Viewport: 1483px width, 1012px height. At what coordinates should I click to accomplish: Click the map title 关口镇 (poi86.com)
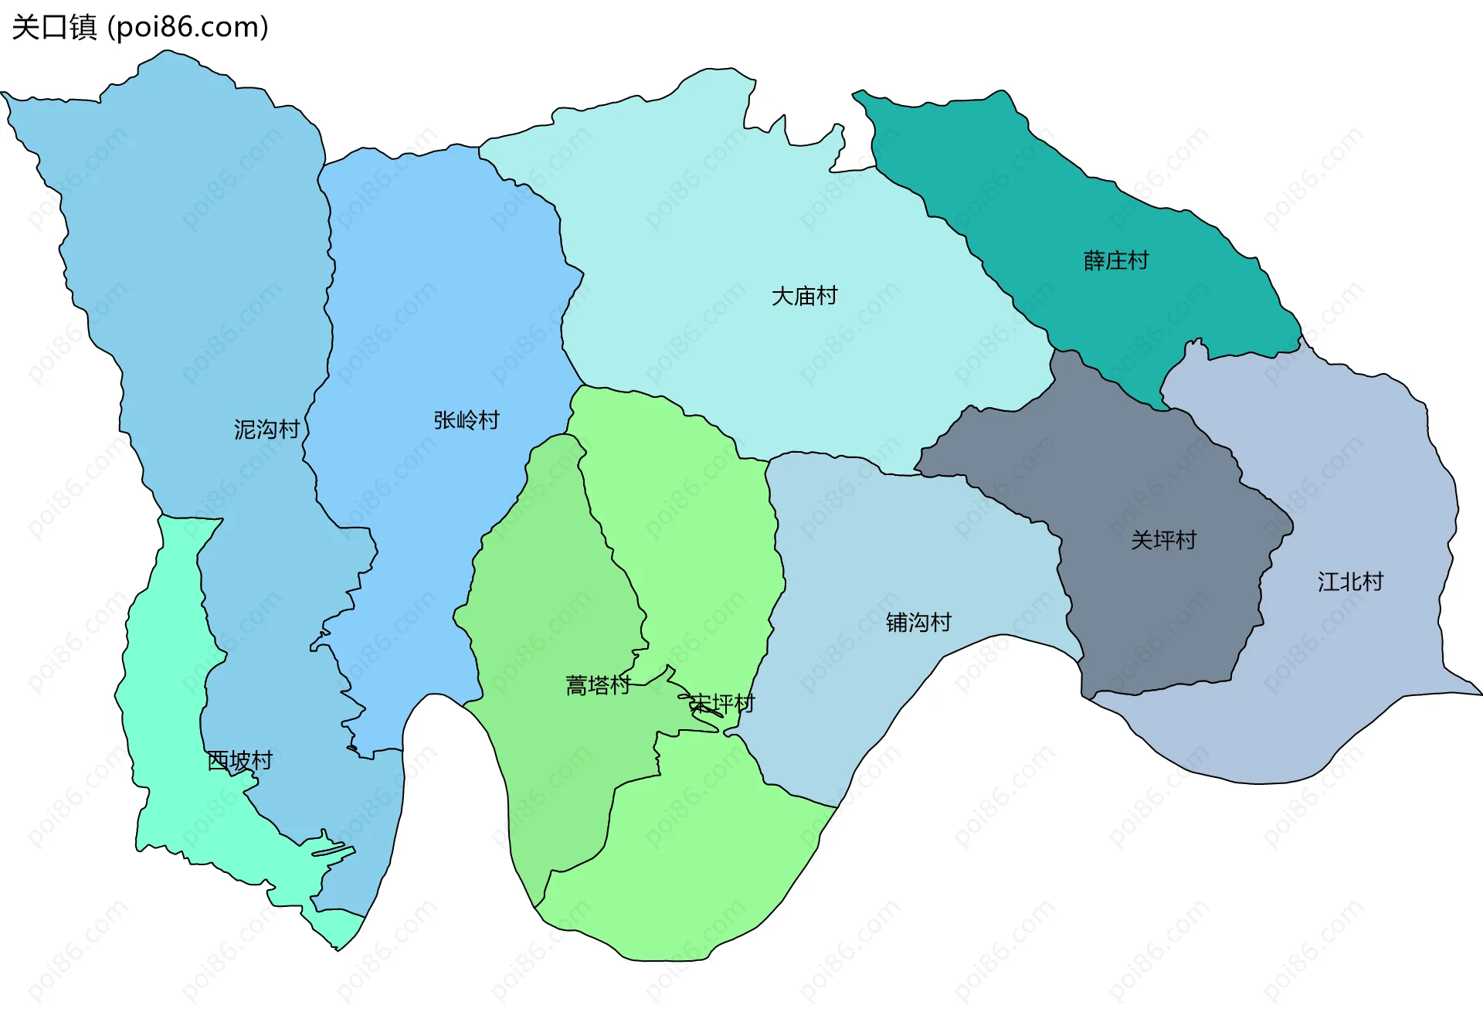[140, 27]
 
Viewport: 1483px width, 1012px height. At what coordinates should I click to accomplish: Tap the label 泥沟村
[266, 429]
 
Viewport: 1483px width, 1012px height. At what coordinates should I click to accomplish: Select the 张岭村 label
[467, 419]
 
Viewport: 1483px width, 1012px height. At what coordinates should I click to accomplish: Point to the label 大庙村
[804, 296]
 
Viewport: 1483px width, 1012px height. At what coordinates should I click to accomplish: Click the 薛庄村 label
[1116, 260]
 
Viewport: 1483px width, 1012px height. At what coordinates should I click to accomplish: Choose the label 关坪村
[1163, 539]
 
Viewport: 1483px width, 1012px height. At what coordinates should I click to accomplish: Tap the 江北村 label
[1350, 581]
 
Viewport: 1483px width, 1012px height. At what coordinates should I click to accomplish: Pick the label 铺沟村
[918, 622]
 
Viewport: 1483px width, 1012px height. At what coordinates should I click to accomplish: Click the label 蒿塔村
[598, 685]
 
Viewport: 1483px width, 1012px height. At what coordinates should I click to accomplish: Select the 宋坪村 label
[721, 704]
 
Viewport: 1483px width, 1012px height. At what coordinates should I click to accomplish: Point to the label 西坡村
[240, 761]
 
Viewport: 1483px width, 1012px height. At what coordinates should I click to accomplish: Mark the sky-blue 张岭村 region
[433, 309]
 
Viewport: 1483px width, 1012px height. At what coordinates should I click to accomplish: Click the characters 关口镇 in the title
[54, 27]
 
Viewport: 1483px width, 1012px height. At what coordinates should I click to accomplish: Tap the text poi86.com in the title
[188, 27]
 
